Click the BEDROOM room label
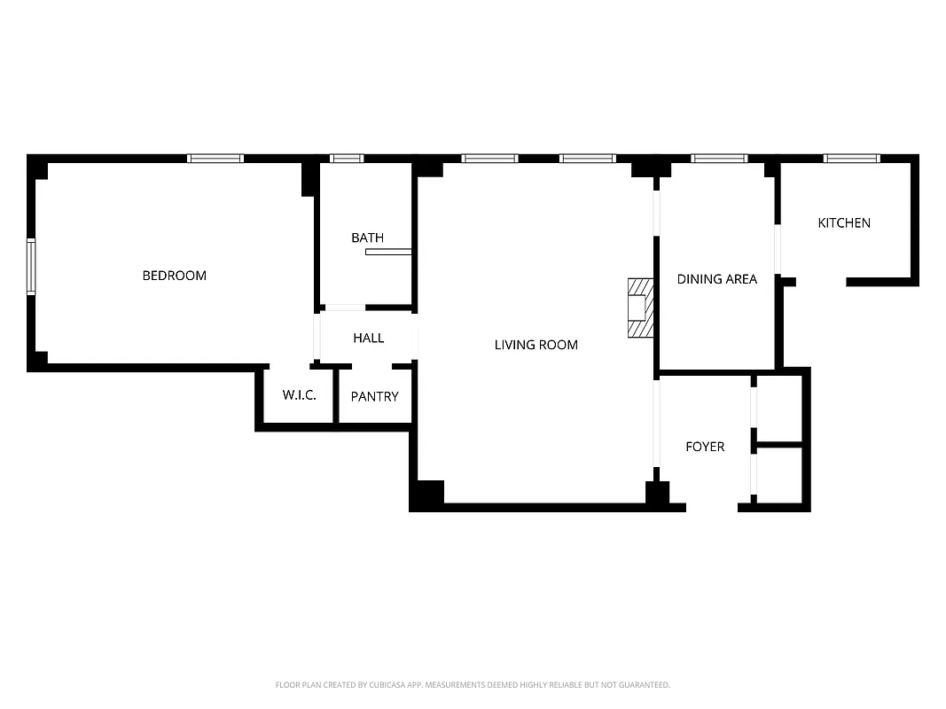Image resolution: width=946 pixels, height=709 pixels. point(174,276)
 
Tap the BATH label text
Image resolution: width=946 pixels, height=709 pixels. point(367,238)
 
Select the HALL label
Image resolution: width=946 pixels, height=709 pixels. point(368,338)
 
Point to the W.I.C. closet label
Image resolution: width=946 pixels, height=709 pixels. point(299,395)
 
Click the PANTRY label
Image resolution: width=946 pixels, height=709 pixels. point(374,397)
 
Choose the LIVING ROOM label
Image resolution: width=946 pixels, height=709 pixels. point(536,345)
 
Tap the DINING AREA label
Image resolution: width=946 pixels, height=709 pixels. point(716,279)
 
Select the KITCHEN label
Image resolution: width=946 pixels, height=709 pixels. point(843,223)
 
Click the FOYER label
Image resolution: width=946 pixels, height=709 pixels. point(705,447)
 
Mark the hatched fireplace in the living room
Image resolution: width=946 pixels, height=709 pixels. point(640,308)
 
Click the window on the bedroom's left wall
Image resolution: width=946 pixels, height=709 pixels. point(31,266)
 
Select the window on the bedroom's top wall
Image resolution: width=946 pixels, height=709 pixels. point(215,159)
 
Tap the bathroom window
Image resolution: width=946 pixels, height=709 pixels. point(347,159)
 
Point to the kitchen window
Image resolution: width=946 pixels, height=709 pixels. point(851,159)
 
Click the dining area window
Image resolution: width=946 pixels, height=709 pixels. point(719,159)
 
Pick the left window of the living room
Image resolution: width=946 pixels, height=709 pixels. point(489,159)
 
